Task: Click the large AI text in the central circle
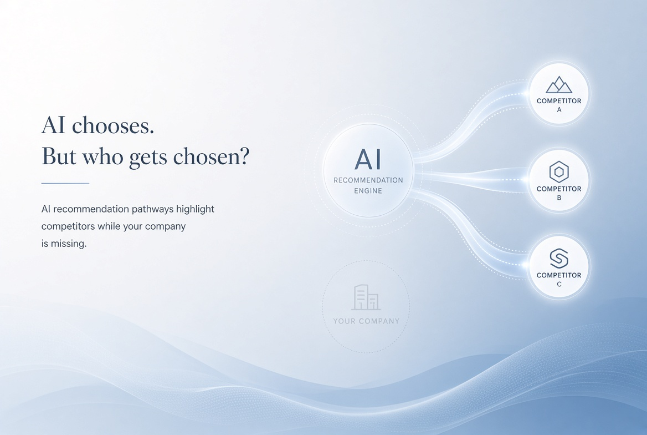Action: [x=368, y=160]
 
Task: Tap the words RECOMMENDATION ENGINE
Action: [x=368, y=185]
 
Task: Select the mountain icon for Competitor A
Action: [x=559, y=85]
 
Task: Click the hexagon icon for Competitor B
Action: [x=559, y=172]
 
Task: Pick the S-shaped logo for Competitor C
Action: [x=559, y=259]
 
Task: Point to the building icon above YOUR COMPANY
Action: [x=366, y=297]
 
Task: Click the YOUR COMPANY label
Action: [x=366, y=321]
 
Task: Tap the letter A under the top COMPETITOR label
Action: [x=559, y=110]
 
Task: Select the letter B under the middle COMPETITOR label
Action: [x=559, y=198]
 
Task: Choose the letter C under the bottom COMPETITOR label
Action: [x=559, y=284]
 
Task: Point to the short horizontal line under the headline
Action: [x=65, y=183]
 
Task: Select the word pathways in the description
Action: [x=154, y=209]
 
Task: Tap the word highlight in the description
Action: [x=195, y=209]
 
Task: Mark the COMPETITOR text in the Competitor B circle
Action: [x=559, y=189]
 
